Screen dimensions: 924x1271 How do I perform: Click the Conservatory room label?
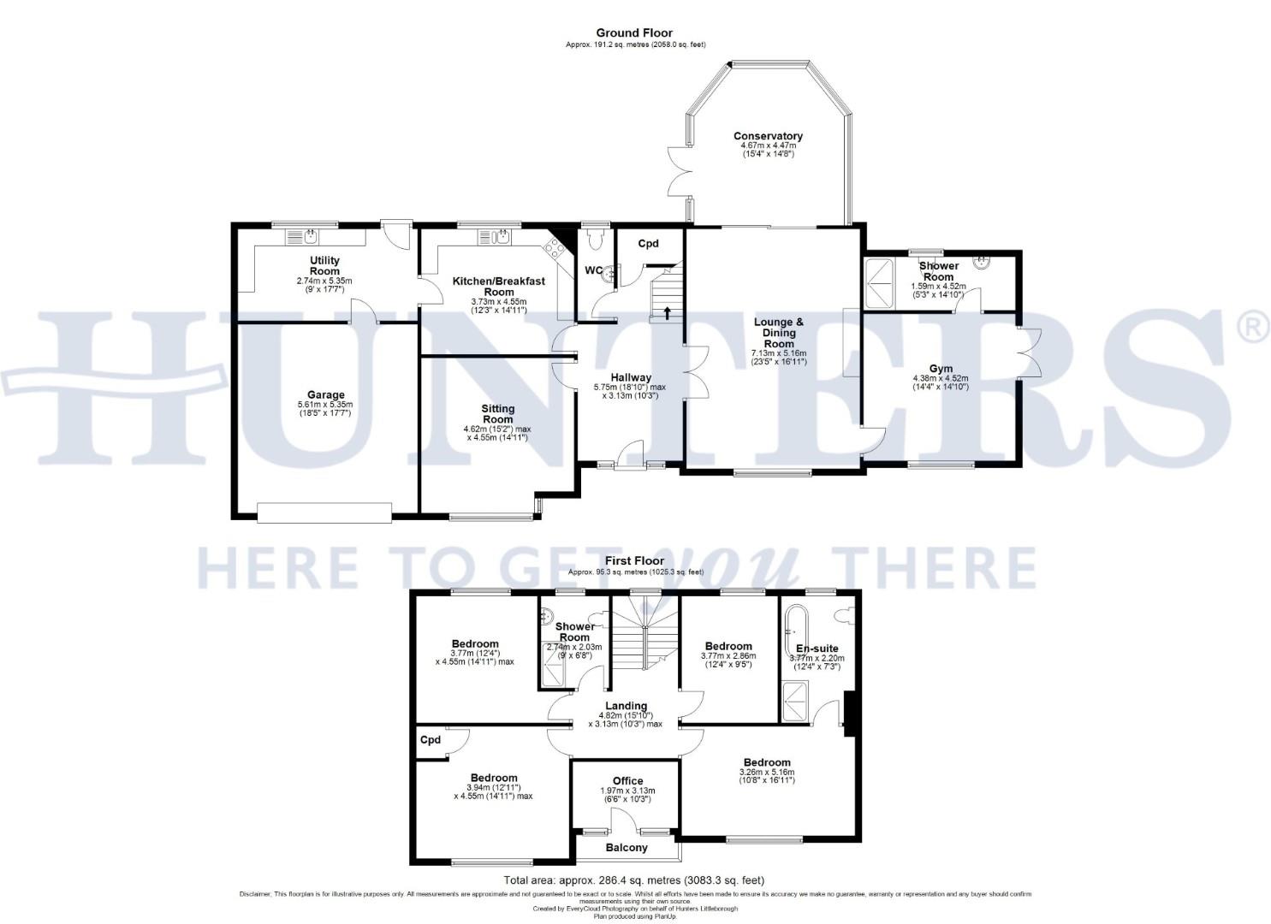pyautogui.click(x=768, y=136)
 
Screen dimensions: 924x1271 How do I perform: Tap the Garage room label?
pyautogui.click(x=325, y=395)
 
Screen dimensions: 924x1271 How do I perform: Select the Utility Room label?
pyautogui.click(x=324, y=265)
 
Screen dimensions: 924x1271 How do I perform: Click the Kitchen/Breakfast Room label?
pyautogui.click(x=498, y=286)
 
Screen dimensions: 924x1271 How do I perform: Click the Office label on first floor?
pyautogui.click(x=627, y=781)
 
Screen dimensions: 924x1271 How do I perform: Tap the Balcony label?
pyautogui.click(x=627, y=848)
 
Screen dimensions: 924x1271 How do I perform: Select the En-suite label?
pyautogui.click(x=817, y=649)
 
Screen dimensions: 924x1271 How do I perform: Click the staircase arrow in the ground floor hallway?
pyautogui.click(x=666, y=312)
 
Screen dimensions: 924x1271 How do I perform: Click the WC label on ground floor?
pyautogui.click(x=593, y=270)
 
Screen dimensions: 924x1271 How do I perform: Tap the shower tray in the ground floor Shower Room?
pyautogui.click(x=879, y=282)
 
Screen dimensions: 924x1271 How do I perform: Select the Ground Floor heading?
pyautogui.click(x=634, y=33)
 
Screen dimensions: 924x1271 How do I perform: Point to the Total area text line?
pyautogui.click(x=634, y=880)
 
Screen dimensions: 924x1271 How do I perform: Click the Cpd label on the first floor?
pyautogui.click(x=430, y=739)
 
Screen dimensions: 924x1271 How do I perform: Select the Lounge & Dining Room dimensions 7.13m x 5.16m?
pyautogui.click(x=779, y=353)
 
